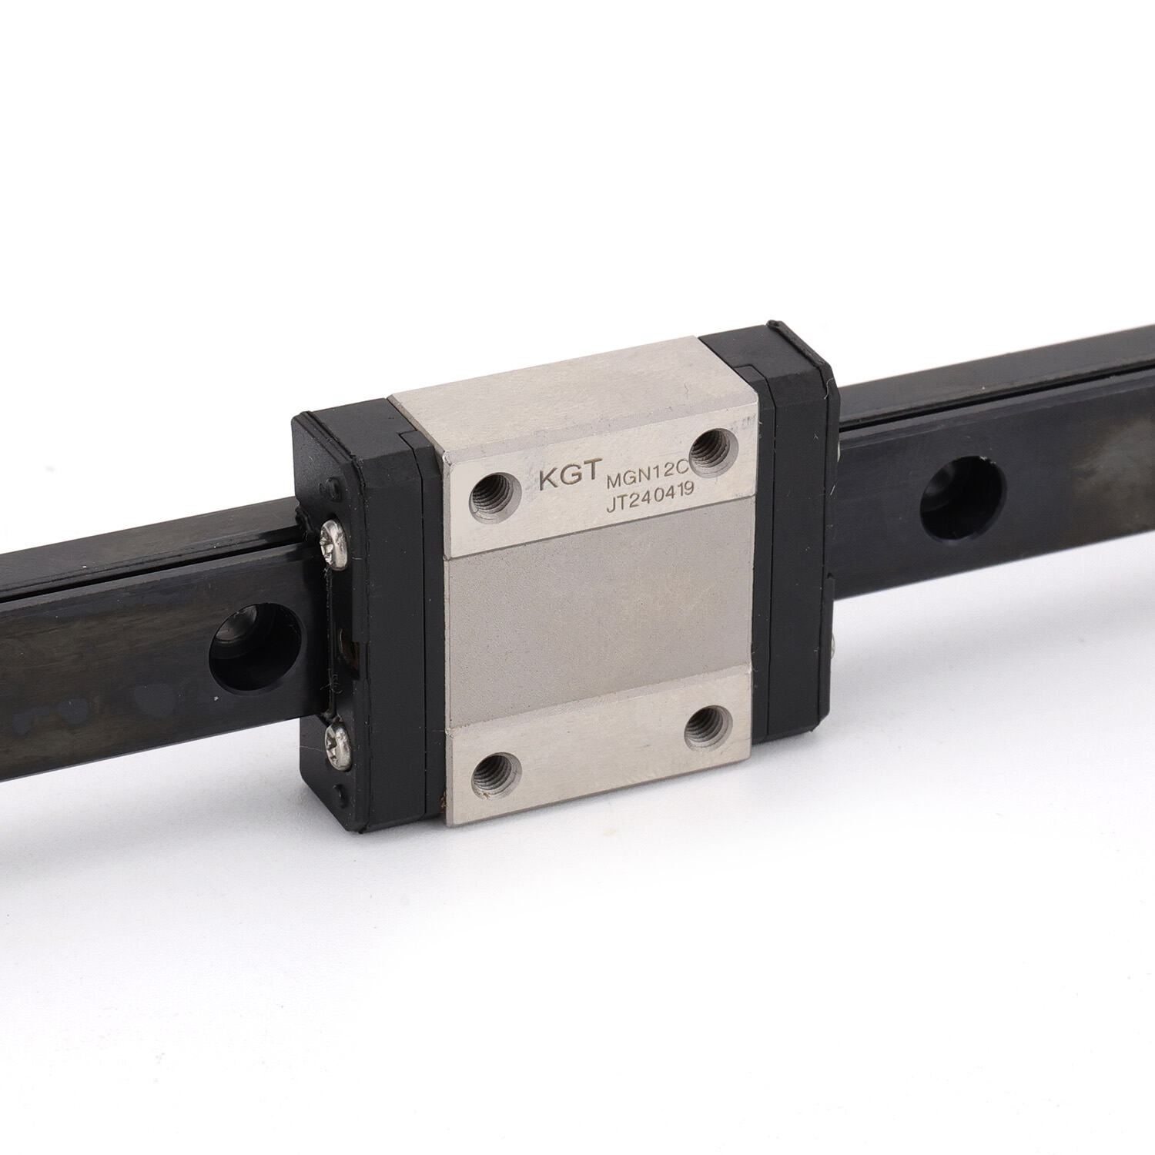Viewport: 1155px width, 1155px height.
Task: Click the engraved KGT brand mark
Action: coord(568,477)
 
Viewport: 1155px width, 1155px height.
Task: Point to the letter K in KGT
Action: coord(549,478)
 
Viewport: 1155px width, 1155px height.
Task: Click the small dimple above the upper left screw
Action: coord(333,487)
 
